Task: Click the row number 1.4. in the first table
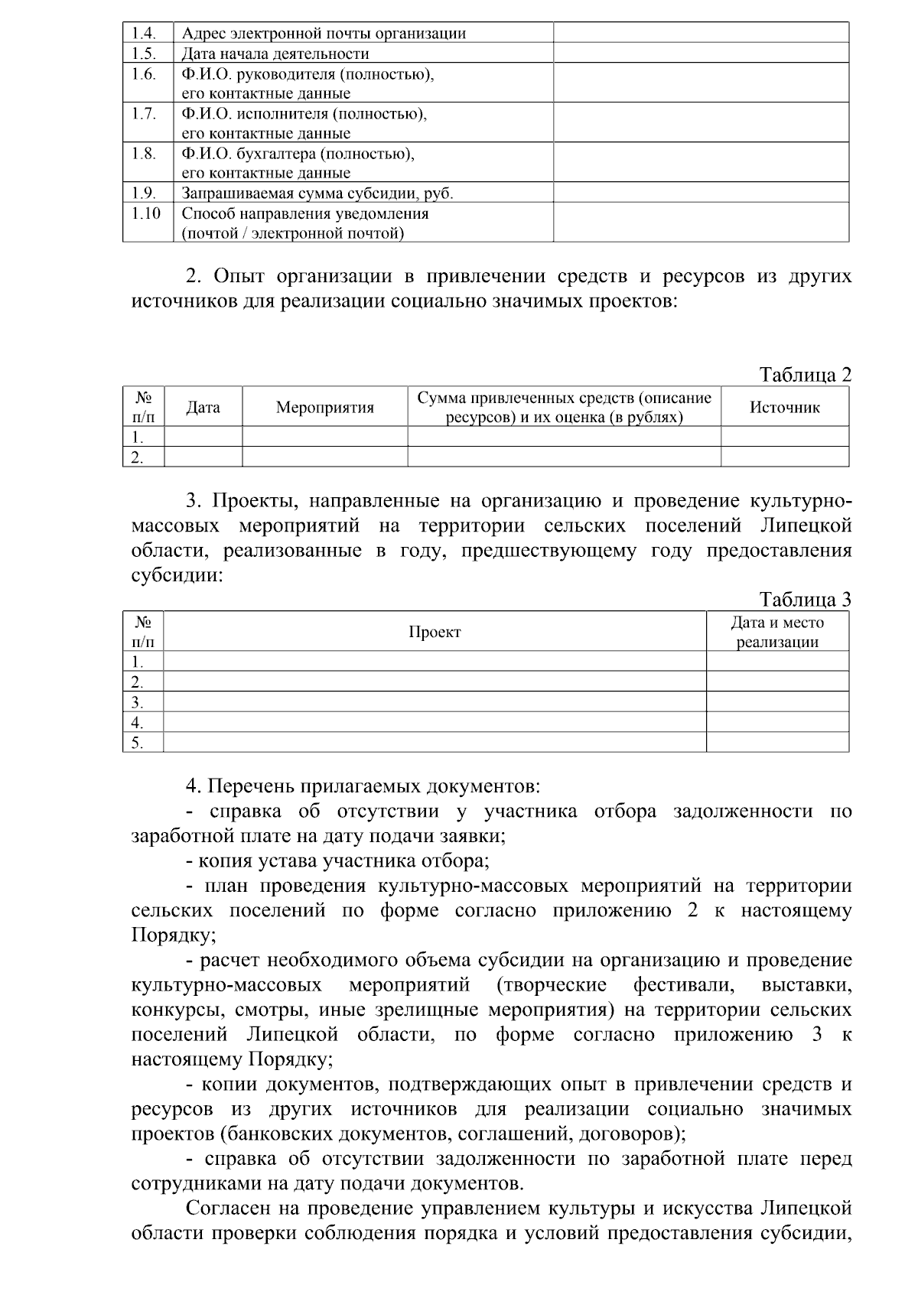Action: (143, 33)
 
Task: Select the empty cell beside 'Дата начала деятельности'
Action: (701, 53)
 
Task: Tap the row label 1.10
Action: (145, 213)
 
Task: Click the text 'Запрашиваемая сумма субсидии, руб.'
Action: (317, 194)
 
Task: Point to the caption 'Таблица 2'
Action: (805, 375)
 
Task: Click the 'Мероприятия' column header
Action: (324, 408)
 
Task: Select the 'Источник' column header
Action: (784, 408)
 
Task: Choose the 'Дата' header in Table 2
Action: (203, 408)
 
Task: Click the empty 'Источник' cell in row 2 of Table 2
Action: (784, 457)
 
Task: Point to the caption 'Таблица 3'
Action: (805, 600)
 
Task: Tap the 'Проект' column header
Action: (435, 633)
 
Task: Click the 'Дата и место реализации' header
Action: (777, 633)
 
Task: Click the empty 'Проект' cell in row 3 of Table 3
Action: (435, 702)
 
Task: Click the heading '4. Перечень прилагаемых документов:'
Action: (363, 786)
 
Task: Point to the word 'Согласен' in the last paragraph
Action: (226, 1209)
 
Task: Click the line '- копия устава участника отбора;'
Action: (337, 861)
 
